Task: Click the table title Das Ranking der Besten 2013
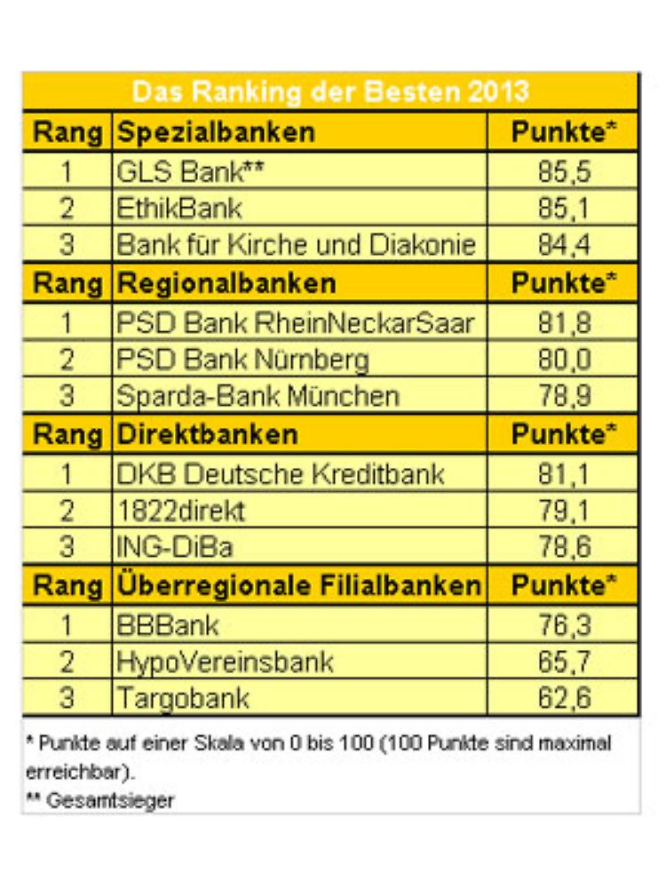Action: [329, 91]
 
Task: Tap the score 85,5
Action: [563, 170]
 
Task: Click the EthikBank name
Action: [179, 208]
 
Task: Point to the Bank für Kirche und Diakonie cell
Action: [297, 244]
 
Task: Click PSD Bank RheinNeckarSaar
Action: [294, 322]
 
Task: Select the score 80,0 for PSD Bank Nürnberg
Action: [563, 360]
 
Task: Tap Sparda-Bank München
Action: [258, 396]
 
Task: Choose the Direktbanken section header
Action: [208, 434]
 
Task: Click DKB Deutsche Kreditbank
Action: [280, 473]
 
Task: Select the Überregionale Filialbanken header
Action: [298, 586]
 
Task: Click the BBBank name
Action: [167, 625]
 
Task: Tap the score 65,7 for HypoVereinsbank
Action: [563, 662]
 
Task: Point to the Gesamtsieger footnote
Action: [99, 799]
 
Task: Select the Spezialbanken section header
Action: [216, 132]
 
